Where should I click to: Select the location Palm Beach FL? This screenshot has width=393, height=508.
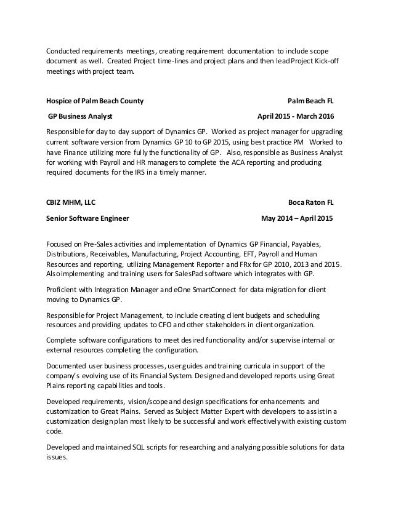(x=312, y=100)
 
